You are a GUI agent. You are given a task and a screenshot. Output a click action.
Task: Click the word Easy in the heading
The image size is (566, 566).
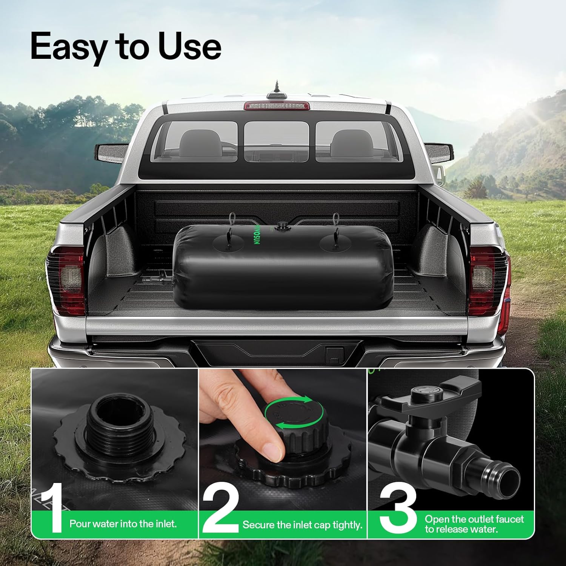pyautogui.click(x=67, y=47)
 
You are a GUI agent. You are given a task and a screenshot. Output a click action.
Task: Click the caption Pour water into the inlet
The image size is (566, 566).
pyautogui.click(x=123, y=524)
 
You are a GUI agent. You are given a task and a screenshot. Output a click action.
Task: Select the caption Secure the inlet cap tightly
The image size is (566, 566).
pyautogui.click(x=302, y=525)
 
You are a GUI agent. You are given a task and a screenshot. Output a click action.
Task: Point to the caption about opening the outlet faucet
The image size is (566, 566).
pyautogui.click(x=474, y=524)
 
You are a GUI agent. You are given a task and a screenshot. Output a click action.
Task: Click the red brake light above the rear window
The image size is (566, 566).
pyautogui.click(x=277, y=106)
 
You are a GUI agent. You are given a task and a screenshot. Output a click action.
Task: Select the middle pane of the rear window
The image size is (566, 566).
pyautogui.click(x=276, y=141)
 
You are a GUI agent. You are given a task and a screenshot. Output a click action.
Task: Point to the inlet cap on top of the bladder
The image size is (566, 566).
pyautogui.click(x=281, y=226)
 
